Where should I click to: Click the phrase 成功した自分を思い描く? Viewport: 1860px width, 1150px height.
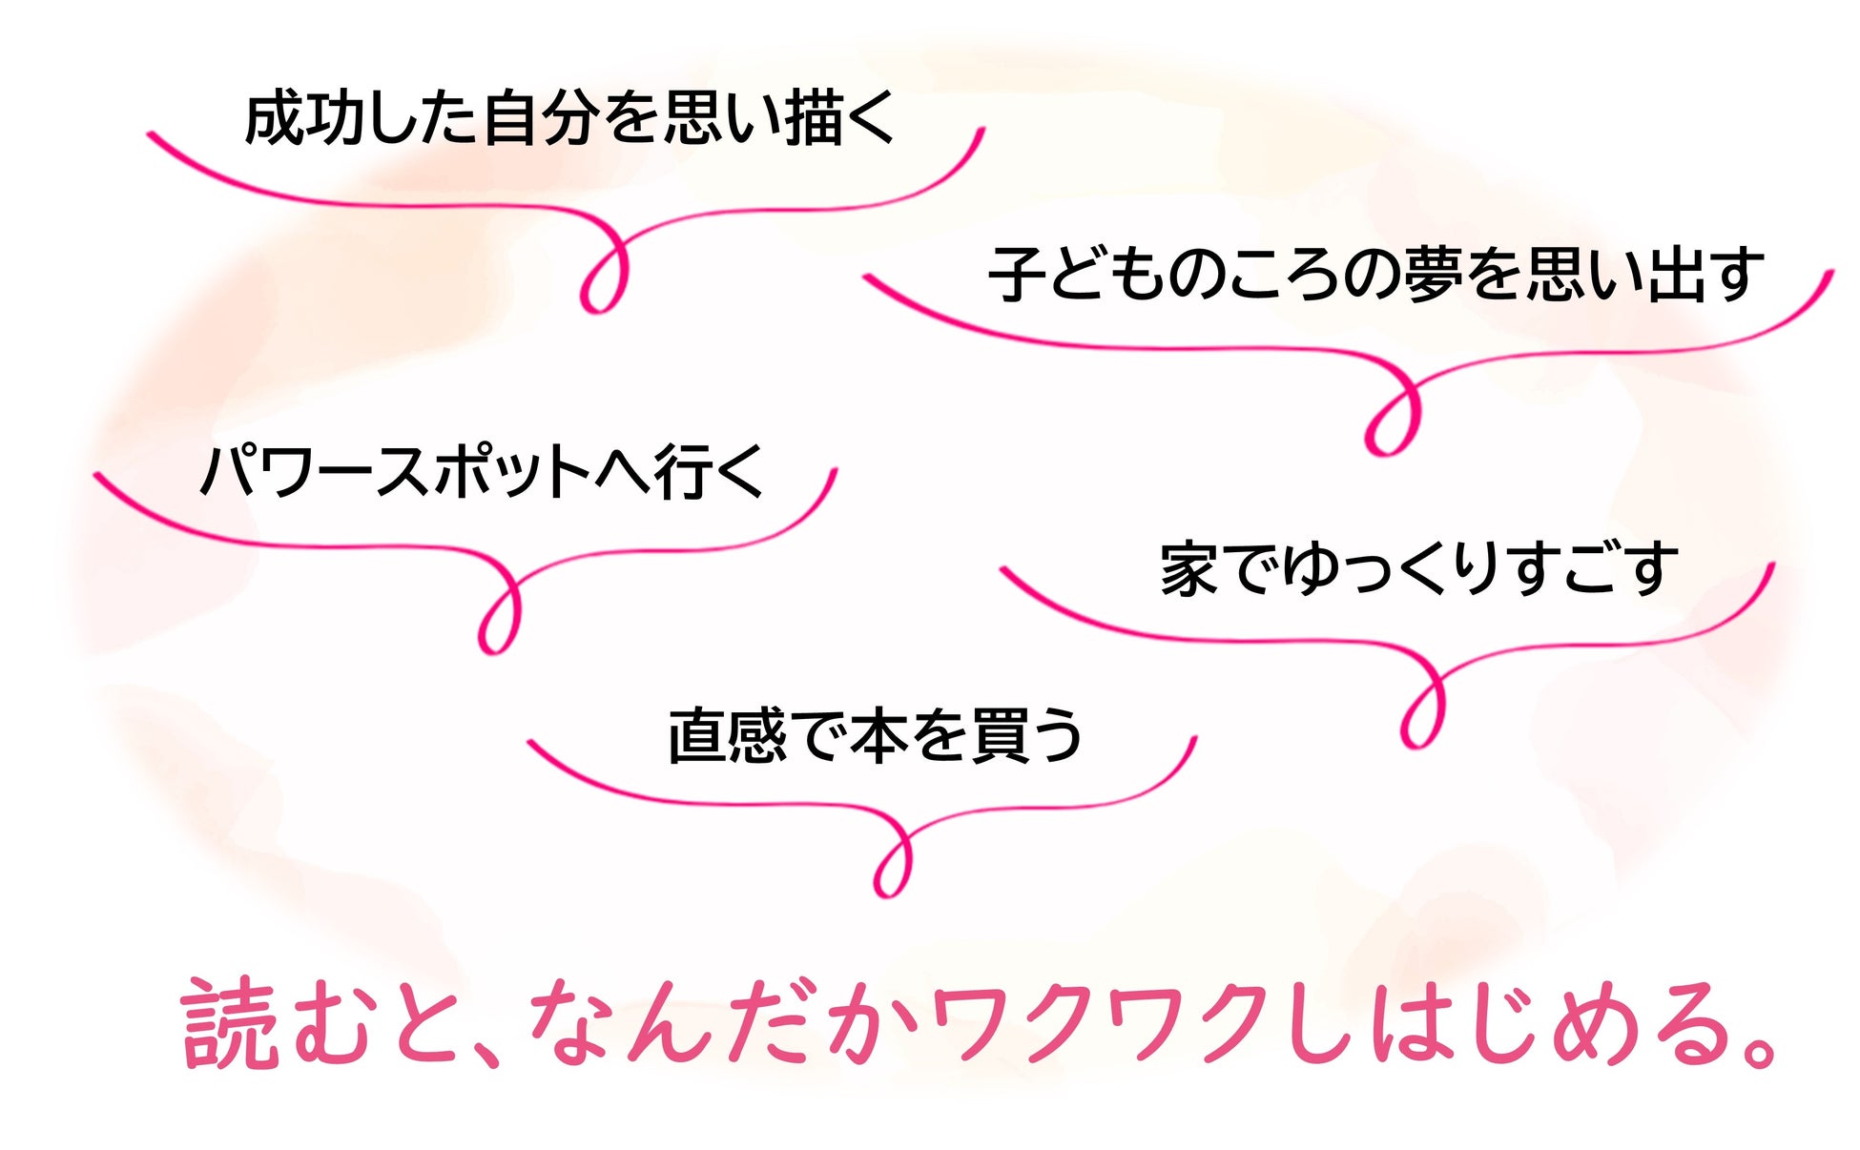point(569,119)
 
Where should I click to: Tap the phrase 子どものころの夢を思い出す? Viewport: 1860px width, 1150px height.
point(1375,275)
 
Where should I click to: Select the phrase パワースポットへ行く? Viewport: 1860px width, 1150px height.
point(482,471)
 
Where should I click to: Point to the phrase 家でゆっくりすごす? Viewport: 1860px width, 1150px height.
point(1418,569)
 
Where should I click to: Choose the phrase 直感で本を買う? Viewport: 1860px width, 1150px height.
point(875,736)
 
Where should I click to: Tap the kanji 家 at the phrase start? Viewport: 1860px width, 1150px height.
point(1189,569)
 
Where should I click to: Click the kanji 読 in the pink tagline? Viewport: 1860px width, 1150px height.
point(229,1023)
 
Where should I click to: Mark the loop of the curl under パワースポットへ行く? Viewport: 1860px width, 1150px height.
point(499,618)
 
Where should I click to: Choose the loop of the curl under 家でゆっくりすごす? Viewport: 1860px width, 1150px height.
point(1421,712)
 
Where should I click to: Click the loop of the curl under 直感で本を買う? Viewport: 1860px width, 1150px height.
point(893,861)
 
